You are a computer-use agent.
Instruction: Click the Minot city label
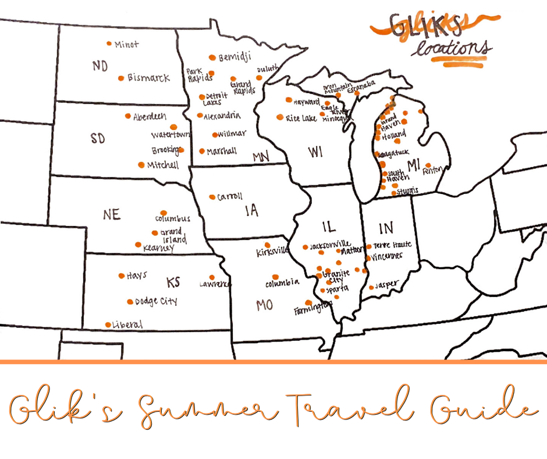click(x=127, y=44)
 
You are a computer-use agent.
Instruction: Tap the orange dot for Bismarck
click(x=121, y=78)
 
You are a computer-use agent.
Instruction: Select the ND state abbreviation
click(x=100, y=66)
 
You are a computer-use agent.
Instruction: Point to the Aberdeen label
click(x=150, y=116)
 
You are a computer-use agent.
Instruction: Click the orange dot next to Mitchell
click(x=141, y=164)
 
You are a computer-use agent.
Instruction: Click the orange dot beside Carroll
click(x=212, y=197)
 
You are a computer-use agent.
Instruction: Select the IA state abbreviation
click(x=251, y=211)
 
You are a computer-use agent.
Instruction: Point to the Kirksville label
click(x=272, y=253)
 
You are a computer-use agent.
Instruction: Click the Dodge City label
click(x=156, y=302)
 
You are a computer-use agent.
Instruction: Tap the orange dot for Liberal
click(x=108, y=324)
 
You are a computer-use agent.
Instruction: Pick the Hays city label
click(x=137, y=276)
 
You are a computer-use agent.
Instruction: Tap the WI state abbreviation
click(x=315, y=152)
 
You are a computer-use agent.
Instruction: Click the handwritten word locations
click(x=451, y=49)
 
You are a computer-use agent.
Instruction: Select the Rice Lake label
click(x=301, y=118)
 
